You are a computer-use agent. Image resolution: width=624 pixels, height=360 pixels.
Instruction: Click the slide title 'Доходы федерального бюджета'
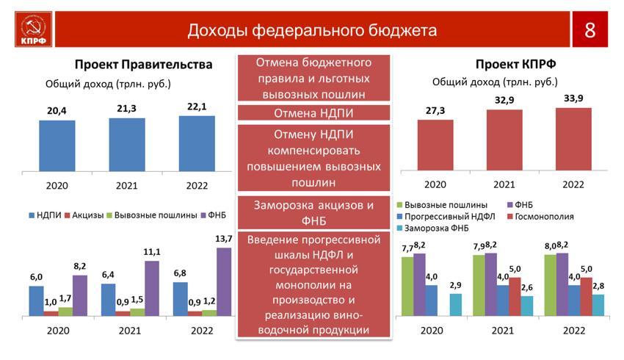312,30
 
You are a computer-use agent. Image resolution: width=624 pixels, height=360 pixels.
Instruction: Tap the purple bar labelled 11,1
152,288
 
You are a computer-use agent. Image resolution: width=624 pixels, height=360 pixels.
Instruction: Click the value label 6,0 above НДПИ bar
36,277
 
